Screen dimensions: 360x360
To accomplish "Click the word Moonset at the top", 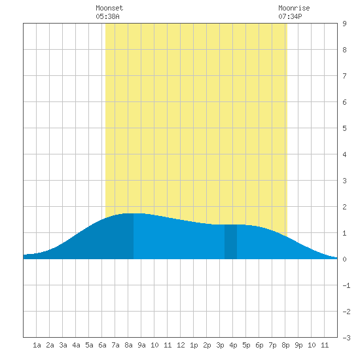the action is click(109, 8).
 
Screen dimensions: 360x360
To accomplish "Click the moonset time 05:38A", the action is click(107, 16).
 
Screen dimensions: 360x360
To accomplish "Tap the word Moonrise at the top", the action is click(294, 8).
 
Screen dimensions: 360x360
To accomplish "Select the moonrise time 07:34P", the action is click(290, 16).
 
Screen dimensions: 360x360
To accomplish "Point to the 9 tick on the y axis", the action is click(344, 24).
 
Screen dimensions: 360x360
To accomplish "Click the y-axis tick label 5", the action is click(344, 128).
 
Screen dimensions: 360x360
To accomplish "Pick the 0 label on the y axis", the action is click(344, 259).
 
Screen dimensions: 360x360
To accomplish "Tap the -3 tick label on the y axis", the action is click(346, 338).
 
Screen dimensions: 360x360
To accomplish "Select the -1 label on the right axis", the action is click(346, 285).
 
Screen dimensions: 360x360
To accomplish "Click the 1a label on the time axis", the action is click(37, 345).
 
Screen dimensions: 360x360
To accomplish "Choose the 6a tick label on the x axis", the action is click(102, 345).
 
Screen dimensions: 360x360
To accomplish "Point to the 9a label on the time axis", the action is click(141, 345).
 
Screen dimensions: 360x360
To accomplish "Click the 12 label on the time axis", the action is click(181, 345).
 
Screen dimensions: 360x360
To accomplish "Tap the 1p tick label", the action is click(194, 345).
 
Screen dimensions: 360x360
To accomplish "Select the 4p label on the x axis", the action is click(233, 345).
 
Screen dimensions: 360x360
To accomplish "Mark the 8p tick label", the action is click(285, 345).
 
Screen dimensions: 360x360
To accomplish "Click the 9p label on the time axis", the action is click(298, 345).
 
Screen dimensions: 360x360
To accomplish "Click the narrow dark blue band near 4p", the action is click(230, 242).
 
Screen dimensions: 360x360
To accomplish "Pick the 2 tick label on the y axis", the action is click(344, 207).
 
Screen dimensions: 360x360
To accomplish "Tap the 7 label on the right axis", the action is click(344, 76).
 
